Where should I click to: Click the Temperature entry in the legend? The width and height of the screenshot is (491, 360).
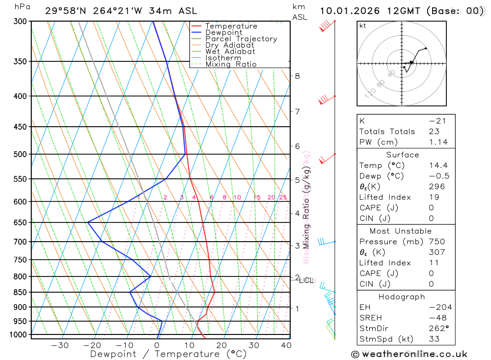(231, 26)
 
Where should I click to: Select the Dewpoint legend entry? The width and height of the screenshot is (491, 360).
(223, 32)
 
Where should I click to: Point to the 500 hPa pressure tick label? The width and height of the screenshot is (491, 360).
(21, 154)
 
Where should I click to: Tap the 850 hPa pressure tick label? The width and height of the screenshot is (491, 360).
(21, 292)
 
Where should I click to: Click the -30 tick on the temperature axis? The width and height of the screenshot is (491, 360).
(60, 345)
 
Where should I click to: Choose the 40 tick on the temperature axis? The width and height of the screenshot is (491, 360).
(286, 345)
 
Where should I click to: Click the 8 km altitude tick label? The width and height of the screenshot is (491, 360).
(297, 76)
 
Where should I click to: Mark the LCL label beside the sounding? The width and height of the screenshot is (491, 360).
(306, 280)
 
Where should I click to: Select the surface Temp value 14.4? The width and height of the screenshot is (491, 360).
(438, 166)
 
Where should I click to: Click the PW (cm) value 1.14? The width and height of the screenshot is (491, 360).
(438, 142)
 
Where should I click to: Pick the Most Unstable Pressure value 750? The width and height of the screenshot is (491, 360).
(437, 242)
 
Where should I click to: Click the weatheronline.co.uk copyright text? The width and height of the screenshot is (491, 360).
(409, 354)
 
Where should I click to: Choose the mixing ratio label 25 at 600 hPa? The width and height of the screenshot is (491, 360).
(283, 197)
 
